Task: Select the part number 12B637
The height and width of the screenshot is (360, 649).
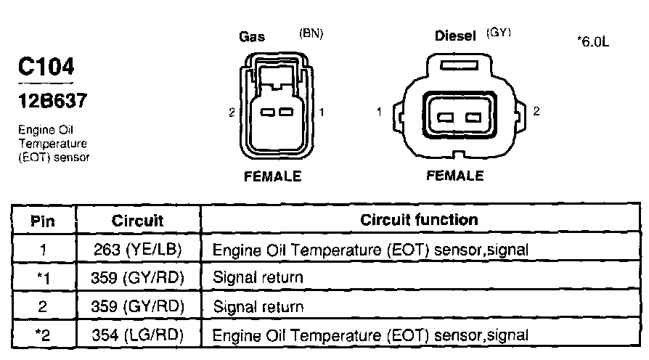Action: (51, 100)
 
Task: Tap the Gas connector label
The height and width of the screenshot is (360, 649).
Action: (252, 37)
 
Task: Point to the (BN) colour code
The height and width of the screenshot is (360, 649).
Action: (311, 33)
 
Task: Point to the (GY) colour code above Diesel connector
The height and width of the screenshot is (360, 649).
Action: (500, 33)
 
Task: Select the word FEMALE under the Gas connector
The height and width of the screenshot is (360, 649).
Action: (272, 176)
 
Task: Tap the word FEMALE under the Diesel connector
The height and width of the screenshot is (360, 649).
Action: (454, 176)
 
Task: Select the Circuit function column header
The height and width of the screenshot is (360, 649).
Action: (419, 220)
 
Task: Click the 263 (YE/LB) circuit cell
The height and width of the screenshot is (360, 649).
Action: (138, 250)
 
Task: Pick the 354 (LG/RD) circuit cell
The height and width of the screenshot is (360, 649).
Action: (138, 335)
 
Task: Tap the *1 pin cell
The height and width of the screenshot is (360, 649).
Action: (43, 278)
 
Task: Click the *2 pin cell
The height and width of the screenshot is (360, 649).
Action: (43, 335)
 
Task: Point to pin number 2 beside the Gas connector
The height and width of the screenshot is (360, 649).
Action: (231, 112)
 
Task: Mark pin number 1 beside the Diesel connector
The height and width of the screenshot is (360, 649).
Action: (380, 112)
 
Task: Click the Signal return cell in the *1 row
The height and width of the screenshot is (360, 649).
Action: (258, 278)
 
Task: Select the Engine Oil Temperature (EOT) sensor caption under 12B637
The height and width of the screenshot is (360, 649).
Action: (49, 144)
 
